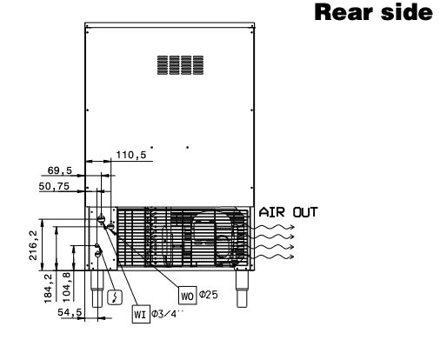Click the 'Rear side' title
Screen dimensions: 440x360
point(373,12)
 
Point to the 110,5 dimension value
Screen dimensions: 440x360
point(131,155)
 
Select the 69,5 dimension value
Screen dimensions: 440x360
point(60,170)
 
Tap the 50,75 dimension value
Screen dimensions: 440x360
point(54,186)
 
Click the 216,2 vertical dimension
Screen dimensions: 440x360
point(33,245)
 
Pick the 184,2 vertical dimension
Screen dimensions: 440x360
point(49,289)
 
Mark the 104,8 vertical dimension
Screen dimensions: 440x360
point(67,288)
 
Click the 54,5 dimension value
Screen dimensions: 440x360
point(70,312)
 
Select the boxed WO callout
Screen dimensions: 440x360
point(187,296)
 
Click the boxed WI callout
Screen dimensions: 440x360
point(141,314)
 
